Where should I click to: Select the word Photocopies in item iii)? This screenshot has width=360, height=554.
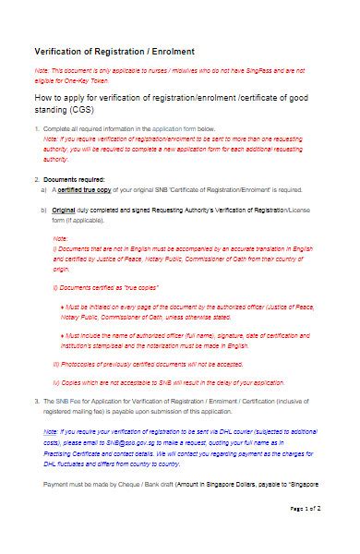tap(79, 338)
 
